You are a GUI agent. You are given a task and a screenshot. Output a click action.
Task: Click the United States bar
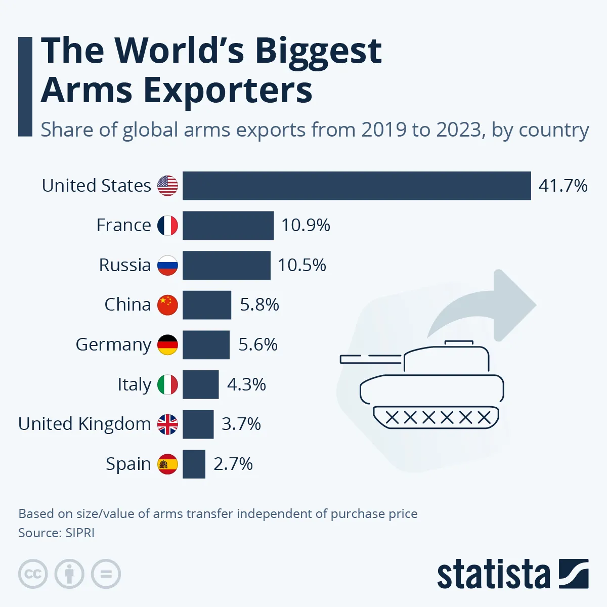357,186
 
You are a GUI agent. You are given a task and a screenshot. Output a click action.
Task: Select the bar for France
228,226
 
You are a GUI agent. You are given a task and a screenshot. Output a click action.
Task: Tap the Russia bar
226,265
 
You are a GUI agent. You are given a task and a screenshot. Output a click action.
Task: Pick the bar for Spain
194,464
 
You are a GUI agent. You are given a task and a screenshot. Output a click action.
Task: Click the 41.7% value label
563,186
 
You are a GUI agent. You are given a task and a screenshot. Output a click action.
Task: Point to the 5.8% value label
259,305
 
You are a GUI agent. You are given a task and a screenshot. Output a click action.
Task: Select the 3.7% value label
241,424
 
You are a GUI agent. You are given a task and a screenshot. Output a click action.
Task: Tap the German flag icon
167,344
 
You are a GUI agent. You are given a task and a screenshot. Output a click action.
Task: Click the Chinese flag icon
167,305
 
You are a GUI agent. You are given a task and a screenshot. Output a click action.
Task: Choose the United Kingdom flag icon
167,424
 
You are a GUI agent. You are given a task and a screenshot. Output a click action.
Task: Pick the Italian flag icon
167,384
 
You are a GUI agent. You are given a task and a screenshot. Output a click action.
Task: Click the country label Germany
113,344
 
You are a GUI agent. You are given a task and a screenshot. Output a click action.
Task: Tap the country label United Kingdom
84,424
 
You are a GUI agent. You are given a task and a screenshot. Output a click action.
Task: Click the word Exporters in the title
228,90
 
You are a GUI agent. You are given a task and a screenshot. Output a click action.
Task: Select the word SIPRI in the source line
80,533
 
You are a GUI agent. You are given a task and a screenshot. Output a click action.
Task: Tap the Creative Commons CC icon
33,574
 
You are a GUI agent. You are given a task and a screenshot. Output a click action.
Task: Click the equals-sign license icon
106,574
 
